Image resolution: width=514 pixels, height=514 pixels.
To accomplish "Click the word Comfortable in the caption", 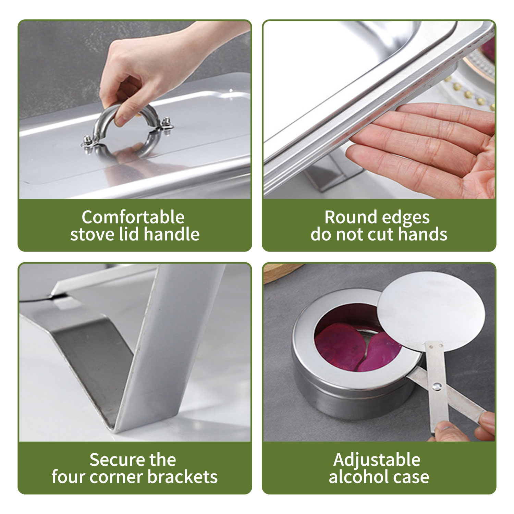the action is tap(133, 217).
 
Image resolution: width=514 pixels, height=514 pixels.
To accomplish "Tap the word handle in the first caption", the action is tap(172, 234).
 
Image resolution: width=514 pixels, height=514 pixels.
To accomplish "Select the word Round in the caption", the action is tap(350, 217).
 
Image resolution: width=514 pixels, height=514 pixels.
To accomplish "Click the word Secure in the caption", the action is tap(115, 460).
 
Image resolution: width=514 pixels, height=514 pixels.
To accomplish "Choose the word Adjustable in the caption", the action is tap(377, 460).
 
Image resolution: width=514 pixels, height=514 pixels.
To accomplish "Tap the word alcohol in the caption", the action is tap(358, 477).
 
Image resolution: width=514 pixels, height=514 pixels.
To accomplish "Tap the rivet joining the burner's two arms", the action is tap(437, 387).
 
